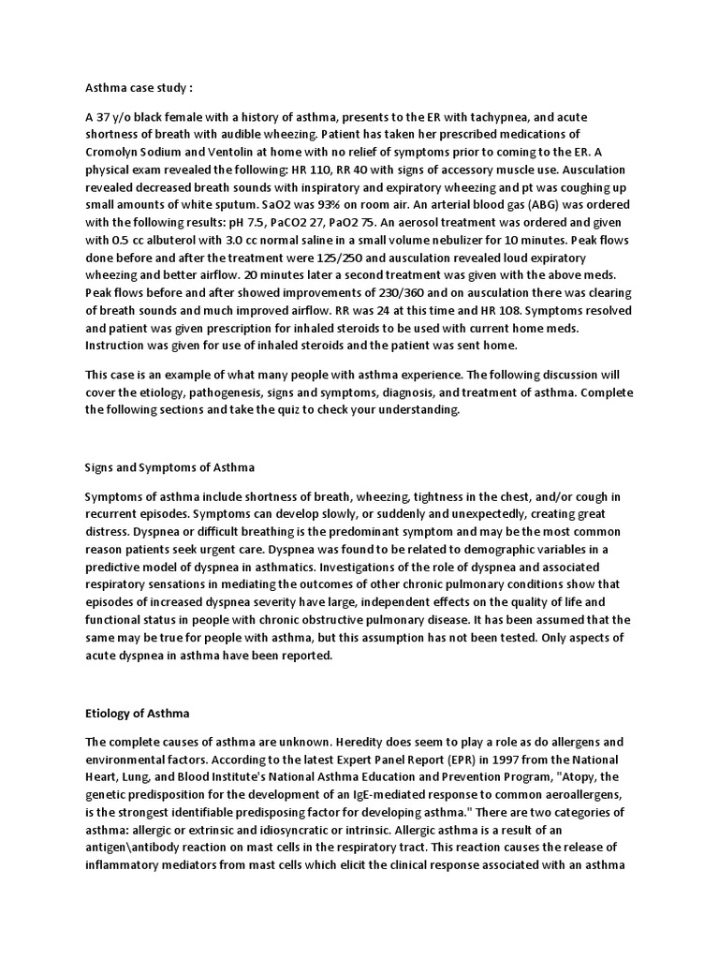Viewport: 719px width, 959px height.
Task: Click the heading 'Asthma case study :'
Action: (139, 87)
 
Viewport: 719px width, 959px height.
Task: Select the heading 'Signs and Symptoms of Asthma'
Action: (169, 466)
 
